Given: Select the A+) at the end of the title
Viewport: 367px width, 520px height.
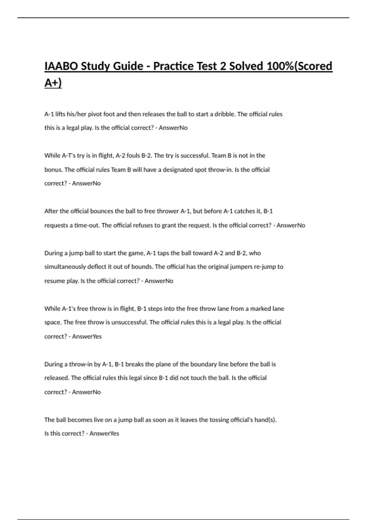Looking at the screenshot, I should [53, 83].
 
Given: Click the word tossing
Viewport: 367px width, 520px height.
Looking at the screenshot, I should [220, 420].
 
